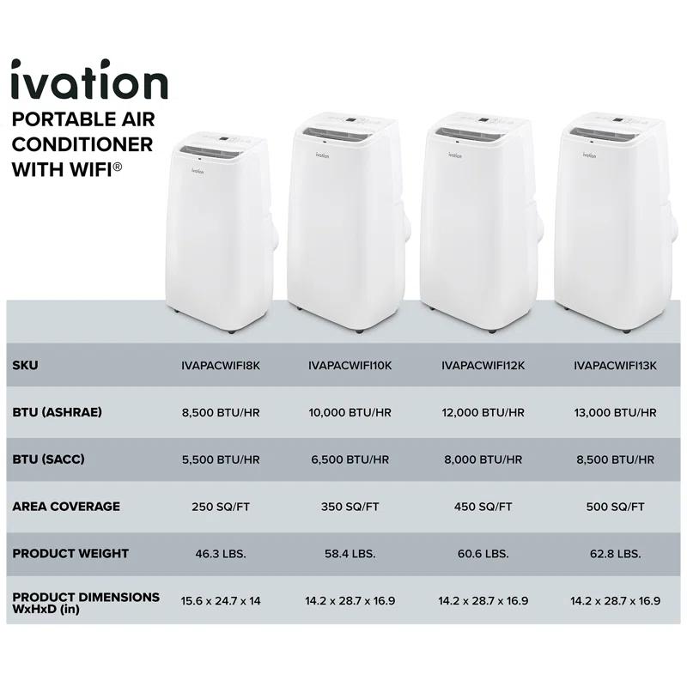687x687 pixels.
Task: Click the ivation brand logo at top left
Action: (88, 80)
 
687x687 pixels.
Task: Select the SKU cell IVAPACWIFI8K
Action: (221, 365)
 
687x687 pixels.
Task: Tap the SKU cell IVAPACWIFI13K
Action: (614, 365)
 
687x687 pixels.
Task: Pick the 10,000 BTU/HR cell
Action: (350, 412)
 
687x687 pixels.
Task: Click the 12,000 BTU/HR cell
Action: (483, 412)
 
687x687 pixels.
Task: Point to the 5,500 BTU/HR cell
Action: (221, 459)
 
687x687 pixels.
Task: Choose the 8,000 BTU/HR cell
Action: (483, 459)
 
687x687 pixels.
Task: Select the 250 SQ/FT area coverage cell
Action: (221, 507)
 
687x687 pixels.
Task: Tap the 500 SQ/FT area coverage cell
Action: (614, 507)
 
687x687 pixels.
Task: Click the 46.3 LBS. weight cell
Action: (221, 554)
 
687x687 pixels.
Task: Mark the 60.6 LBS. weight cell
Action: (483, 554)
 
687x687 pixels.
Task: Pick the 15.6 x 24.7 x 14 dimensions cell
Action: (221, 601)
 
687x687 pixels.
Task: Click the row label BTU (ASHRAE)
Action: (58, 412)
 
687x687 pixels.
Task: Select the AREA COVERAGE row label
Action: (66, 507)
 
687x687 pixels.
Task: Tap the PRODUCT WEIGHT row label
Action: (71, 554)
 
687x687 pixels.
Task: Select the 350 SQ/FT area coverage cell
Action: (350, 507)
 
